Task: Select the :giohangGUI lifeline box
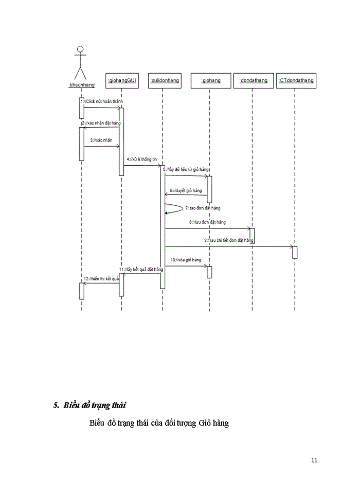pyautogui.click(x=122, y=80)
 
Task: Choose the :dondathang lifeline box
pyautogui.click(x=253, y=80)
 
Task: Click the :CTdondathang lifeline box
pyautogui.click(x=295, y=80)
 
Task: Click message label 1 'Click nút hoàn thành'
pyautogui.click(x=102, y=102)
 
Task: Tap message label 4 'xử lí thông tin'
pyautogui.click(x=141, y=160)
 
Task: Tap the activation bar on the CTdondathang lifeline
pyautogui.click(x=295, y=252)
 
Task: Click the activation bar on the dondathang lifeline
pyautogui.click(x=253, y=234)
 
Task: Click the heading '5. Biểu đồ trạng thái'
pyautogui.click(x=90, y=405)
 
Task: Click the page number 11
pyautogui.click(x=314, y=460)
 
